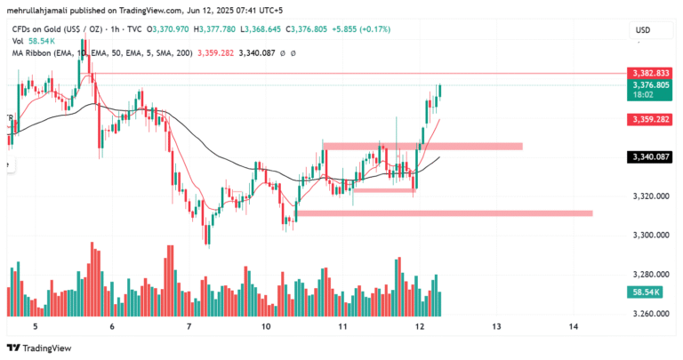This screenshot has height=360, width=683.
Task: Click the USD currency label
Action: click(642, 31)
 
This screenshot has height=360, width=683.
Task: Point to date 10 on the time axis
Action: click(266, 327)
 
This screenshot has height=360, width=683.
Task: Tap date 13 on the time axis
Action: click(496, 327)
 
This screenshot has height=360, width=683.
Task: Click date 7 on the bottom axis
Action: click(189, 327)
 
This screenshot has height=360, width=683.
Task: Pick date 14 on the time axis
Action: click(573, 327)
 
